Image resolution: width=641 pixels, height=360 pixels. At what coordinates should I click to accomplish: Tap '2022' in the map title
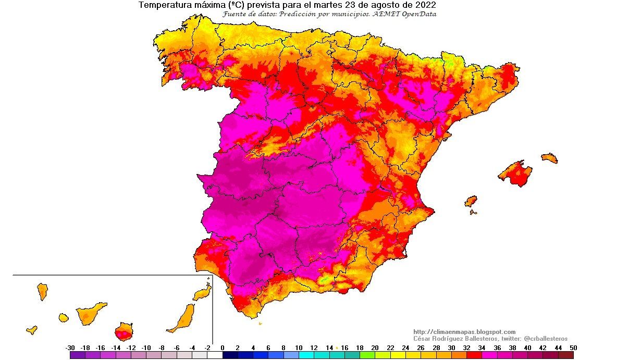click(x=424, y=5)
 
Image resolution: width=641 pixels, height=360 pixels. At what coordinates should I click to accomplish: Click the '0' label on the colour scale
click(x=223, y=347)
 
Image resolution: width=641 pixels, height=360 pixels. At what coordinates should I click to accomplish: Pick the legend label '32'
click(x=466, y=347)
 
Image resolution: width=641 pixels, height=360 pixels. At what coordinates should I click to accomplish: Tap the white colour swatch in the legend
click(x=215, y=355)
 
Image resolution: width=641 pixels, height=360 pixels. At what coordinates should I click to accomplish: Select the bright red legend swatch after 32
click(x=474, y=355)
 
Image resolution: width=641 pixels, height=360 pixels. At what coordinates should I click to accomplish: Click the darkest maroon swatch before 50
click(x=565, y=355)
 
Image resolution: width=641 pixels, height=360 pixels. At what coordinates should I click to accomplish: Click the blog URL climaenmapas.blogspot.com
click(x=464, y=332)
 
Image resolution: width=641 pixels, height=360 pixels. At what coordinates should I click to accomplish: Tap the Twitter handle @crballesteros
click(x=545, y=339)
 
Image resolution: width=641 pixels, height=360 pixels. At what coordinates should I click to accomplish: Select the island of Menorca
click(x=549, y=157)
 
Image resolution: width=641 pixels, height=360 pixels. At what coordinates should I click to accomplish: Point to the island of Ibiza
click(x=471, y=202)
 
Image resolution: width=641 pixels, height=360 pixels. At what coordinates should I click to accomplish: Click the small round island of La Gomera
click(x=64, y=317)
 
